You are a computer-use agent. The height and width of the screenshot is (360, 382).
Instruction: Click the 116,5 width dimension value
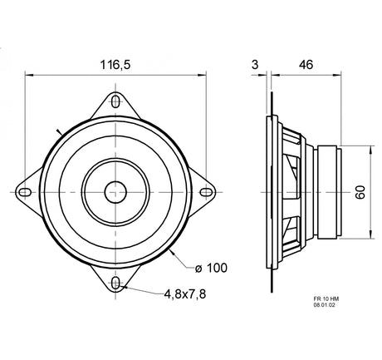click(x=115, y=65)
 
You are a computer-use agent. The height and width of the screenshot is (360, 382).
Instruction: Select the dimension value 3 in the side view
click(x=255, y=65)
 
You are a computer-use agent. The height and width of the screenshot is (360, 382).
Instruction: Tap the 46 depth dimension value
click(x=306, y=65)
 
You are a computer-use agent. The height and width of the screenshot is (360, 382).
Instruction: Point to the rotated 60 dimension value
click(x=360, y=192)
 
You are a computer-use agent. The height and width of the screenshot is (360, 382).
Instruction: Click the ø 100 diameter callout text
click(x=211, y=268)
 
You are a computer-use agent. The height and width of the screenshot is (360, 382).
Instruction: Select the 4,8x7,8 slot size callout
click(x=185, y=294)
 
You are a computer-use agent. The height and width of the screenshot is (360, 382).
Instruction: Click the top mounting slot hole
click(x=115, y=101)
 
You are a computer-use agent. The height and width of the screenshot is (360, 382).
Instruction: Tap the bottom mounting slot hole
click(x=115, y=284)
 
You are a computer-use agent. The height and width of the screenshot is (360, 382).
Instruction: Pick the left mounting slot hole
click(x=25, y=192)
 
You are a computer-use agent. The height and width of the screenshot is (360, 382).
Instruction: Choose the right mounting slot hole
click(x=206, y=192)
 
